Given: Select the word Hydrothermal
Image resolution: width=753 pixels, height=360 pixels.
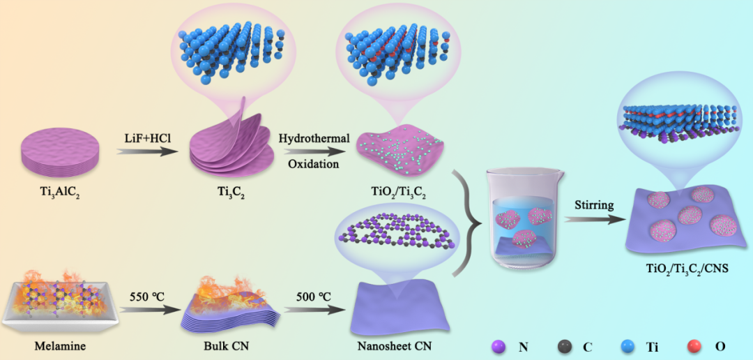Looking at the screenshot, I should tap(314, 139).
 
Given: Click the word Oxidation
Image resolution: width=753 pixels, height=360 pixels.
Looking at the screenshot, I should tap(314, 164).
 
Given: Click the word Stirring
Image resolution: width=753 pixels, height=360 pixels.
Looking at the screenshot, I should tap(594, 206).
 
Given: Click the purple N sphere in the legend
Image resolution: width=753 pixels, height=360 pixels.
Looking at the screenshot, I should tap(499, 345).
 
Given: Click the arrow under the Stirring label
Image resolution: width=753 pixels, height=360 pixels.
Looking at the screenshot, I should tap(594, 220).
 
